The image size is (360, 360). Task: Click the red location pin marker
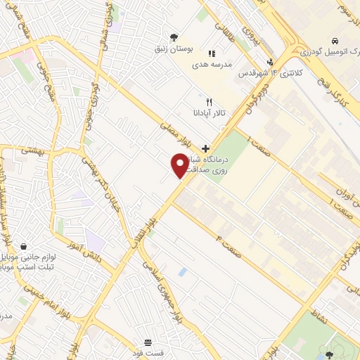click(x=180, y=165)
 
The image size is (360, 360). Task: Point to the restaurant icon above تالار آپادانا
click(x=209, y=102)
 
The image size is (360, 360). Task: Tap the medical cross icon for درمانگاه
click(x=205, y=148)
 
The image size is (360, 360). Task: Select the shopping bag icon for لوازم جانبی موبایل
click(x=24, y=247)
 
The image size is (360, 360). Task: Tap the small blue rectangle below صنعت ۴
click(x=184, y=271)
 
